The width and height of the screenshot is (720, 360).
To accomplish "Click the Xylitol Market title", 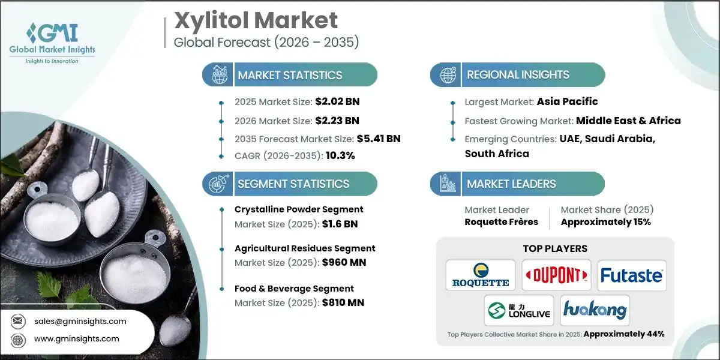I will [256, 20].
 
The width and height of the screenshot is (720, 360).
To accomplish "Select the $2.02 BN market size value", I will [337, 101].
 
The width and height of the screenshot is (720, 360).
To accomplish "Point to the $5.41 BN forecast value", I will [378, 139].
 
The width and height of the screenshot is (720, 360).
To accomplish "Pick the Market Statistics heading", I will [290, 75].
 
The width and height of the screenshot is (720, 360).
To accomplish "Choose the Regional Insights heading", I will [518, 75].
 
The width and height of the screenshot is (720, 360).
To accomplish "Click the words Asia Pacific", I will [568, 101].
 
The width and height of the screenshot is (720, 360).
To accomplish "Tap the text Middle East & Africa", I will [628, 121].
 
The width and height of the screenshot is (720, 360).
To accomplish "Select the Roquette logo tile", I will [481, 275].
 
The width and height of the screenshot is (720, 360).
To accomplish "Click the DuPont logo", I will [556, 275].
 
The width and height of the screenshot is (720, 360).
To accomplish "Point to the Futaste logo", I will [632, 275].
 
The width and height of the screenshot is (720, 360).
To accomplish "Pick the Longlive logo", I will [518, 310].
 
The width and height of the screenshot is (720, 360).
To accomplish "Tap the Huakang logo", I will [595, 310].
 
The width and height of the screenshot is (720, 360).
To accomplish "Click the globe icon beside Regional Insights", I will [447, 76].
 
